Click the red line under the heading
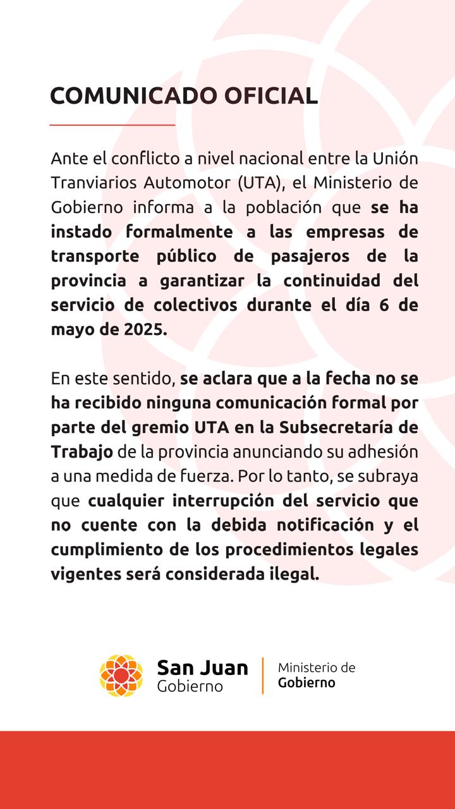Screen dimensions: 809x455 click(x=112, y=125)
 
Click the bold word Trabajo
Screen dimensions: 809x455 click(x=82, y=452)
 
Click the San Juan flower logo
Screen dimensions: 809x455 click(x=121, y=676)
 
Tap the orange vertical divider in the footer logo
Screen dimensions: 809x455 click(x=263, y=676)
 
